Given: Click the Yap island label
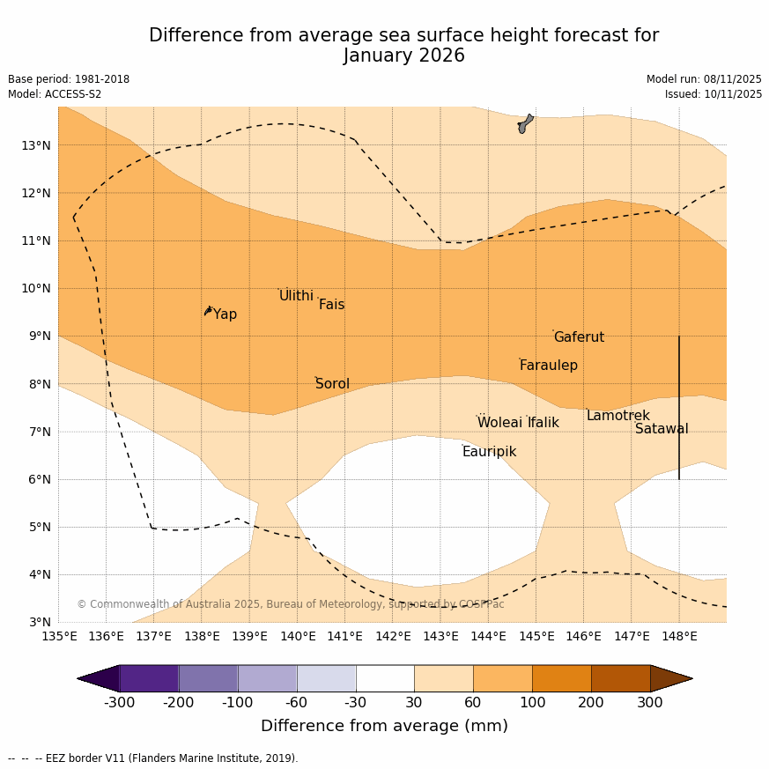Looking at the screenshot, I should [x=225, y=314].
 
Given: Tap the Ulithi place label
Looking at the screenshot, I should [x=296, y=296].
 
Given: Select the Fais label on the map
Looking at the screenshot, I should [x=331, y=305].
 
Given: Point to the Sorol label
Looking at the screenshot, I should [x=332, y=384].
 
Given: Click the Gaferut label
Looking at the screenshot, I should [x=579, y=337].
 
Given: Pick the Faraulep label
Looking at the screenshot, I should [x=548, y=366].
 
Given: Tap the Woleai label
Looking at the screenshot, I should [x=499, y=423].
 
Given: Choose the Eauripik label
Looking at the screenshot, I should [x=489, y=452].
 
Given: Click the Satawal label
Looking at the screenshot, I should [x=662, y=429].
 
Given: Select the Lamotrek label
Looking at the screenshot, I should [x=617, y=416].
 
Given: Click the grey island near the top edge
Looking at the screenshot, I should [x=525, y=123].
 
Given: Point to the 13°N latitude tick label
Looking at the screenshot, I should [x=35, y=145].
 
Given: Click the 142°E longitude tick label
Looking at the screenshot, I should [x=393, y=636].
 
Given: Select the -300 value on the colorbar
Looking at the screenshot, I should [x=120, y=702].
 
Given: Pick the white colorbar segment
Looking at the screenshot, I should [x=385, y=678].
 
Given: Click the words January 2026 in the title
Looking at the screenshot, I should [x=403, y=56].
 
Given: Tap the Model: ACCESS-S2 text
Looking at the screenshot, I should [x=55, y=94].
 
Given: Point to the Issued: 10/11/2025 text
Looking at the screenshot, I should [x=713, y=94].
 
